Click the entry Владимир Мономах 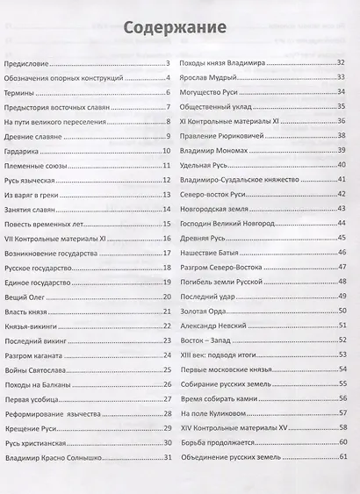point(216,151)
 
